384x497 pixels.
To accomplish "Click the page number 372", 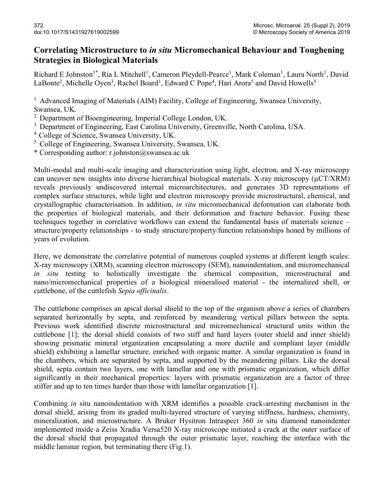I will (38, 25).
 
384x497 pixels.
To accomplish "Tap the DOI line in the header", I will (76, 32).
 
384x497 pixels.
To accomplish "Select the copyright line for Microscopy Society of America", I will (301, 32).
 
